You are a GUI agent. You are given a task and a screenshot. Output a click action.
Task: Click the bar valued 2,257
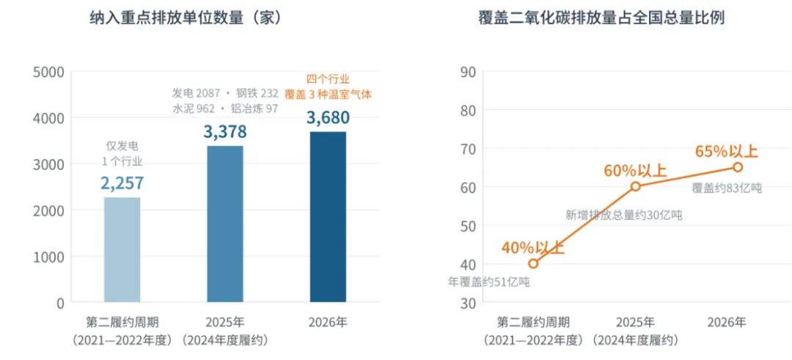pos(122,249)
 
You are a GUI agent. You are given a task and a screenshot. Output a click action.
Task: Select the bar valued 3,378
pos(225,224)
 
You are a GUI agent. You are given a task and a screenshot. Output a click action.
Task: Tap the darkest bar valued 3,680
pos(329,216)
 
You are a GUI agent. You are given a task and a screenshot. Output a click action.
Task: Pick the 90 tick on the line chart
pos(468,71)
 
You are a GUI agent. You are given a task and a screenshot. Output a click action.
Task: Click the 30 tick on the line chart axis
pos(468,303)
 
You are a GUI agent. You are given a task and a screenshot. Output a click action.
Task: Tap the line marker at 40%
pos(533,263)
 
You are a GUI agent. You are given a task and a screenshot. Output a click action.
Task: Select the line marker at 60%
pos(635,186)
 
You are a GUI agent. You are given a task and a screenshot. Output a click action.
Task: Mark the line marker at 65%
pos(738,167)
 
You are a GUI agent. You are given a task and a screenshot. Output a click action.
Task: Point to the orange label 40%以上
pos(533,247)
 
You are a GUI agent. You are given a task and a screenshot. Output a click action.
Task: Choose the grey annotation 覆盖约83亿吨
pos(726,188)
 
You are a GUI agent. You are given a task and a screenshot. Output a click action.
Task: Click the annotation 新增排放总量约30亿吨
pos(623,215)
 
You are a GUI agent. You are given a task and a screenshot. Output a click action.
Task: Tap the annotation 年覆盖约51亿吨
pos(489,282)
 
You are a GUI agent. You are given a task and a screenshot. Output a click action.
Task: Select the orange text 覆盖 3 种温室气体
pos(328,95)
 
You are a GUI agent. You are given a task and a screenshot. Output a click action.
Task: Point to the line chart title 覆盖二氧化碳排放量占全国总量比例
pos(601,18)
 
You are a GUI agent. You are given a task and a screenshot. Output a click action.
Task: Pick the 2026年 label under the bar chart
pos(329,322)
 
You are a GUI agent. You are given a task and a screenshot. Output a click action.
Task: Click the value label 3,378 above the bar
pos(225,132)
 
